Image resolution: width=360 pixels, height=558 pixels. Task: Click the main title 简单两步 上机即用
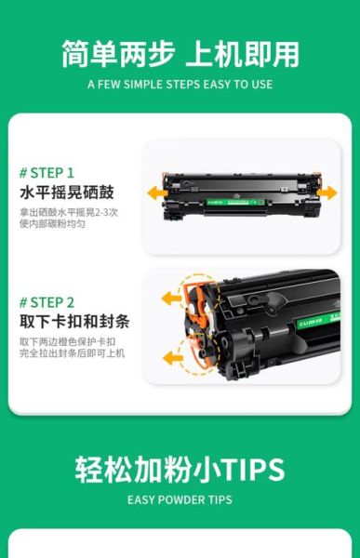point(180,53)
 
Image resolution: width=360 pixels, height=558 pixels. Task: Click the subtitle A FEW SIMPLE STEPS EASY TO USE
point(180,84)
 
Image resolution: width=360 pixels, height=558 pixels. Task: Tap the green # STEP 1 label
point(46,172)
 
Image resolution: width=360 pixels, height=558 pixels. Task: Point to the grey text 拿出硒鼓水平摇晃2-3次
point(68,212)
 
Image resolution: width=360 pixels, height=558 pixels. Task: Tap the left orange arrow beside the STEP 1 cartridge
point(155,193)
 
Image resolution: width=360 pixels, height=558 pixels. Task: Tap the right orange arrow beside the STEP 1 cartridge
point(327,193)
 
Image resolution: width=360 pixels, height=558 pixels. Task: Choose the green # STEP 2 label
point(47,302)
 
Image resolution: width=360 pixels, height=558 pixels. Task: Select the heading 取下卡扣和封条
point(73,323)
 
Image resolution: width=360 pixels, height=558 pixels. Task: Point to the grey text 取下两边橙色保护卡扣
point(68,342)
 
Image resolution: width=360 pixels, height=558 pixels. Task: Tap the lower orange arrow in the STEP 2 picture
point(173,354)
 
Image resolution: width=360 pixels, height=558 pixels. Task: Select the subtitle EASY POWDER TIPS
point(180,500)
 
